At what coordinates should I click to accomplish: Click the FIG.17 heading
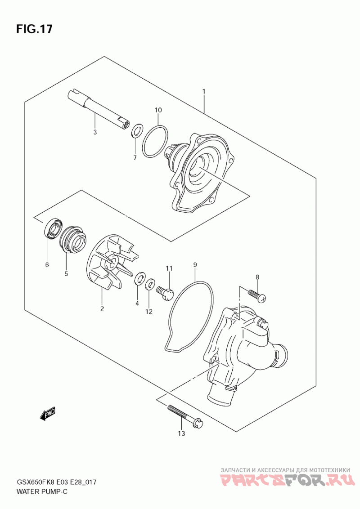point(34,29)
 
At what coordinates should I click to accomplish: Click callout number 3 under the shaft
point(95,133)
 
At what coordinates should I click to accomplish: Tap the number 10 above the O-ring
point(158,110)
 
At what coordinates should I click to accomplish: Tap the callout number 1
point(204,92)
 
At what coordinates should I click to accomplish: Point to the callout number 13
point(181,433)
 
